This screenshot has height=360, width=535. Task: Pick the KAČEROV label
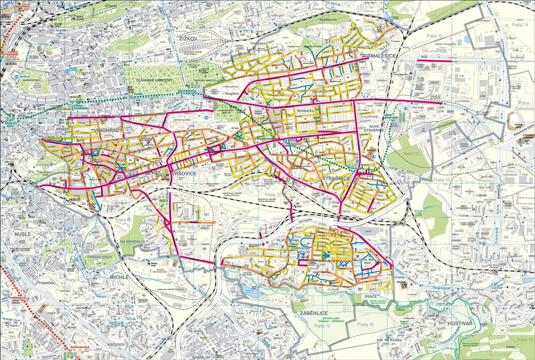click(116, 345)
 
